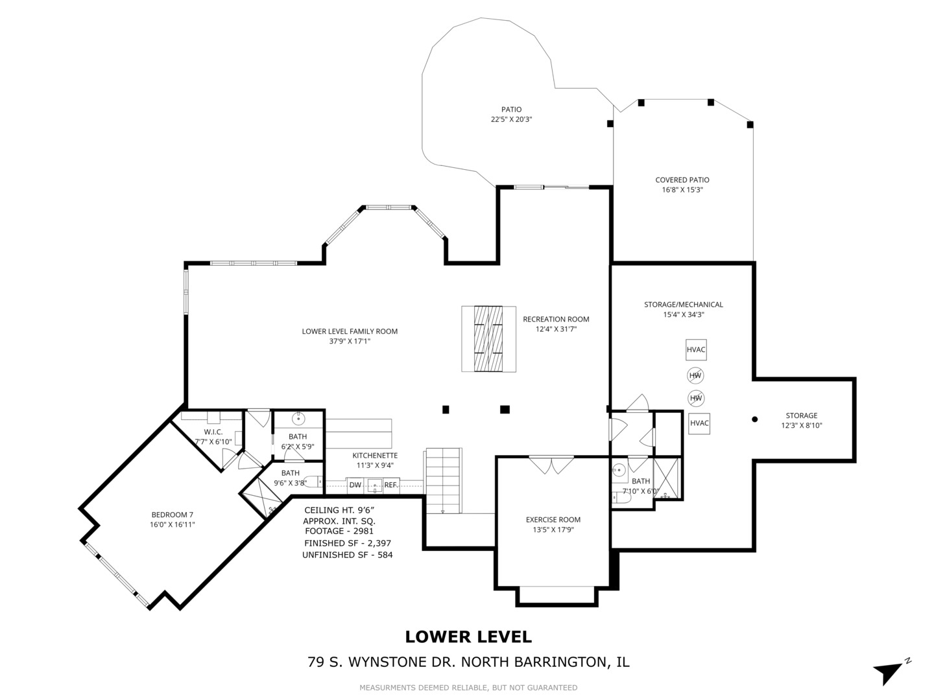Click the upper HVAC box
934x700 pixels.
tap(696, 349)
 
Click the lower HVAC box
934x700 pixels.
tap(699, 423)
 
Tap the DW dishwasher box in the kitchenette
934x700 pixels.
tap(355, 485)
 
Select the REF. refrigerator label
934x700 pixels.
tap(391, 485)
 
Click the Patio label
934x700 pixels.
tap(511, 110)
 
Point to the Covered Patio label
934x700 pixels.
tap(682, 180)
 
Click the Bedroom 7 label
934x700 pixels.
tap(173, 515)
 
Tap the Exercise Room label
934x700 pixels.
tap(553, 520)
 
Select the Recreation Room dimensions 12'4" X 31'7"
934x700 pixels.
tap(556, 329)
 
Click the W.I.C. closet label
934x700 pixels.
tap(213, 432)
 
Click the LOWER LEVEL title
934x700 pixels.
tap(468, 636)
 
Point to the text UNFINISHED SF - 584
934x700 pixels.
tap(347, 555)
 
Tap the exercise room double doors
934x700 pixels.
tap(551, 465)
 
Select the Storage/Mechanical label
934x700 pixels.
tap(684, 305)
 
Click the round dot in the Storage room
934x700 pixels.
tap(754, 419)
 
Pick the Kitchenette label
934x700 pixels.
tap(375, 456)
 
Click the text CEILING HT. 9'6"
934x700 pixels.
tap(339, 510)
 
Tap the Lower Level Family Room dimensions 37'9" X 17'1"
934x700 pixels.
tap(350, 342)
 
